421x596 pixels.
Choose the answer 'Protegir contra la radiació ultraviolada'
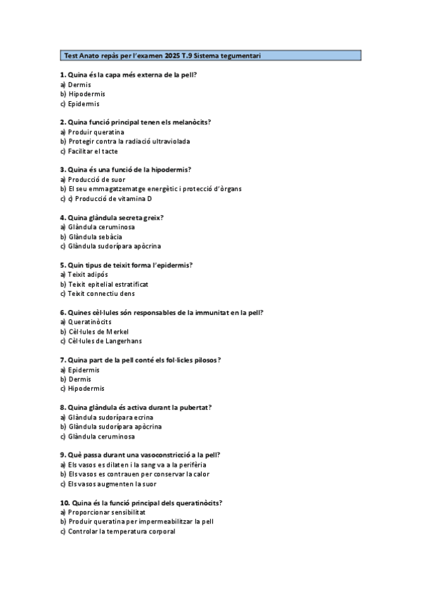click(x=129, y=141)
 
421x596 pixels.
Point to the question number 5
click(x=63, y=265)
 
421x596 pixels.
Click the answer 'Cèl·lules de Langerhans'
click(x=105, y=342)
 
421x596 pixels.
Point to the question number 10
click(x=64, y=503)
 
